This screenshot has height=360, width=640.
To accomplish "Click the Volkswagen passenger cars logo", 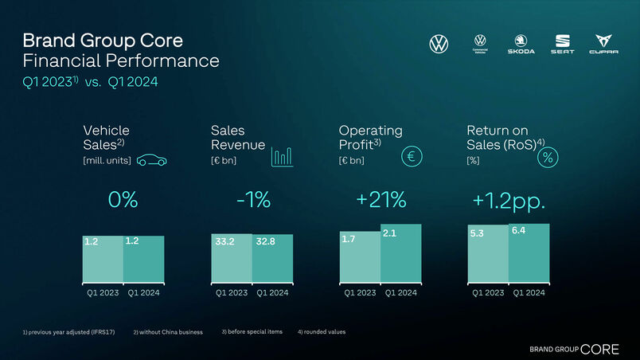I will coord(439,44).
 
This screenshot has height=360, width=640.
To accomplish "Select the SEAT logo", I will coord(562,44).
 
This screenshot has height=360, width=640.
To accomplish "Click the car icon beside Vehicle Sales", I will coord(151,160).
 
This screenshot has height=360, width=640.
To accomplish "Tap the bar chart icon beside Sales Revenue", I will coord(282,156).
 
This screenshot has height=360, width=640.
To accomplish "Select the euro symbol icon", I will coord(412,157).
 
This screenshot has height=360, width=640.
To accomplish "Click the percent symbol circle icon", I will coord(548,158).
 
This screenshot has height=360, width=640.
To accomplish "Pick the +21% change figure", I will coord(381,201).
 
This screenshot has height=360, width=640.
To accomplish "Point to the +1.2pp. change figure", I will coord(509,201).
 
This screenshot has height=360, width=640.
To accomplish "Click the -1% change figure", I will coord(253,201).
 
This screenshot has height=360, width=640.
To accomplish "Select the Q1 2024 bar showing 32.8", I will coord(272,259).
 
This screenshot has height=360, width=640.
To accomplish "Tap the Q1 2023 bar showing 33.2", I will coord(232,259).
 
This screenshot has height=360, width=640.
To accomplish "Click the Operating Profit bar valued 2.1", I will coord(400,253).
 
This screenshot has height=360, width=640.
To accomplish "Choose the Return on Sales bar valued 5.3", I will coord(488,254).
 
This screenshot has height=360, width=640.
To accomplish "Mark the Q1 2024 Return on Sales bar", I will coord(529,253).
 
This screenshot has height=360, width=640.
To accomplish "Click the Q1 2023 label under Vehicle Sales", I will coord(103,293).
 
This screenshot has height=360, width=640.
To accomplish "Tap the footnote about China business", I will coord(168,331).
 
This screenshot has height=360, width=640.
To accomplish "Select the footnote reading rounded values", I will coord(322,331).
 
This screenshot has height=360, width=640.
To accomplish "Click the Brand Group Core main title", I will coord(103,40).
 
